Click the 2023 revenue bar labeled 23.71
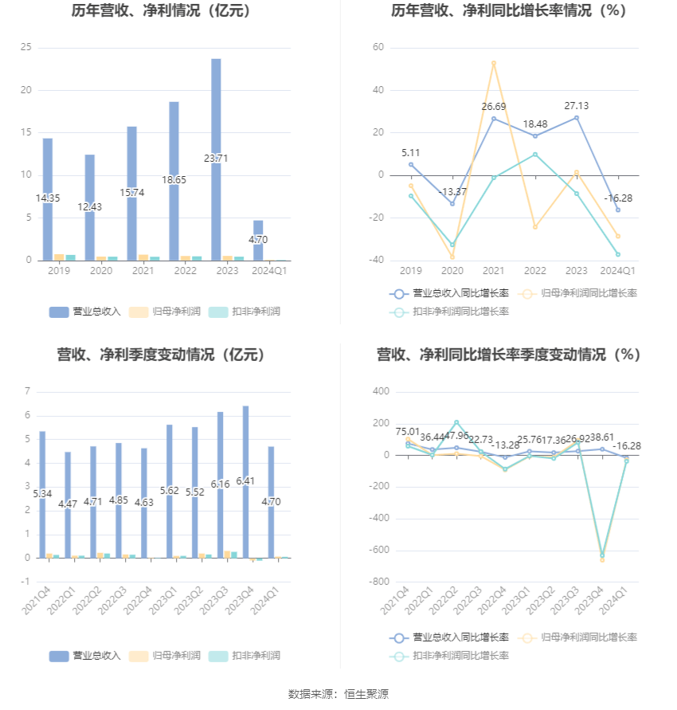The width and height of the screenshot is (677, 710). point(216,159)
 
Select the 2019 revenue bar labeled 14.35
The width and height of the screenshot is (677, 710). point(48,199)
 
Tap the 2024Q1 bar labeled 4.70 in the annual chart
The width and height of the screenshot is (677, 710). point(258,240)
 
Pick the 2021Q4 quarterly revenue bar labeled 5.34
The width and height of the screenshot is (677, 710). point(42,494)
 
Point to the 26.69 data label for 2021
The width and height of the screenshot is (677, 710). point(494,107)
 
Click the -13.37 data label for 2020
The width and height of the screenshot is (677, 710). point(452,191)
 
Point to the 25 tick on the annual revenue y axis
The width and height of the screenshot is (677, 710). point(26,48)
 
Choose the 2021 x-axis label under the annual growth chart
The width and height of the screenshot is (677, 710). point(494,271)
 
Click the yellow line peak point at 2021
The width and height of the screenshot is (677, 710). point(494,63)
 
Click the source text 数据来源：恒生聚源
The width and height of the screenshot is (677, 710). point(338,694)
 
